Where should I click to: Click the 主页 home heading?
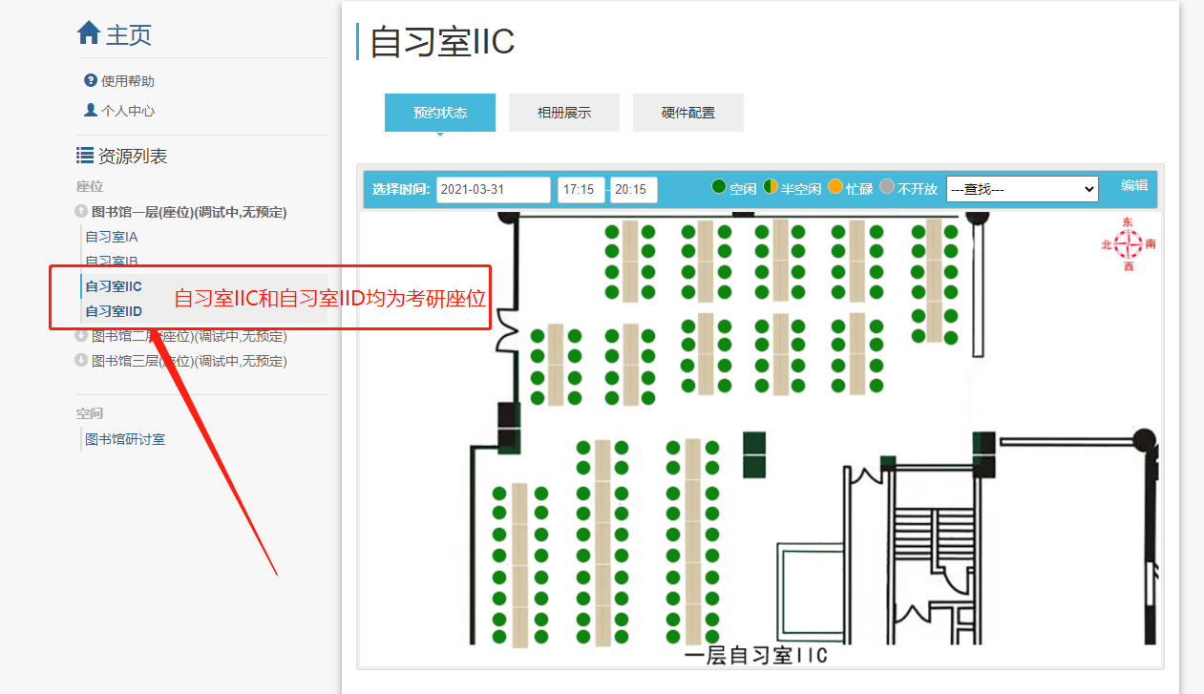(x=115, y=35)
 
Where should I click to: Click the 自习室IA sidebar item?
(x=112, y=237)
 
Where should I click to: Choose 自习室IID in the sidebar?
(x=114, y=311)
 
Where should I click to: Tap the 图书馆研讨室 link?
(x=125, y=439)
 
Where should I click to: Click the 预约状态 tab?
(x=440, y=113)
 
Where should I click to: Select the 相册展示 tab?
(x=564, y=113)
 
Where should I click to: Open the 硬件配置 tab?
(x=688, y=113)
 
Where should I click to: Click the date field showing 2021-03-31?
(x=494, y=189)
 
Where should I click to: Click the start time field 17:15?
(x=581, y=189)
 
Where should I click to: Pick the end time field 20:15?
(x=633, y=189)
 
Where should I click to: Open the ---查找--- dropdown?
(x=1022, y=189)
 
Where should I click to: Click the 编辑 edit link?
(x=1134, y=185)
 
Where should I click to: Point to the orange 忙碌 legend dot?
(x=835, y=187)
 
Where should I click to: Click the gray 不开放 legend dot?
(x=887, y=187)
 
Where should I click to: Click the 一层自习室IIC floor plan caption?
(x=755, y=656)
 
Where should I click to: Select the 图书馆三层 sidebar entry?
(x=188, y=361)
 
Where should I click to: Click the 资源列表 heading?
(x=132, y=156)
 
